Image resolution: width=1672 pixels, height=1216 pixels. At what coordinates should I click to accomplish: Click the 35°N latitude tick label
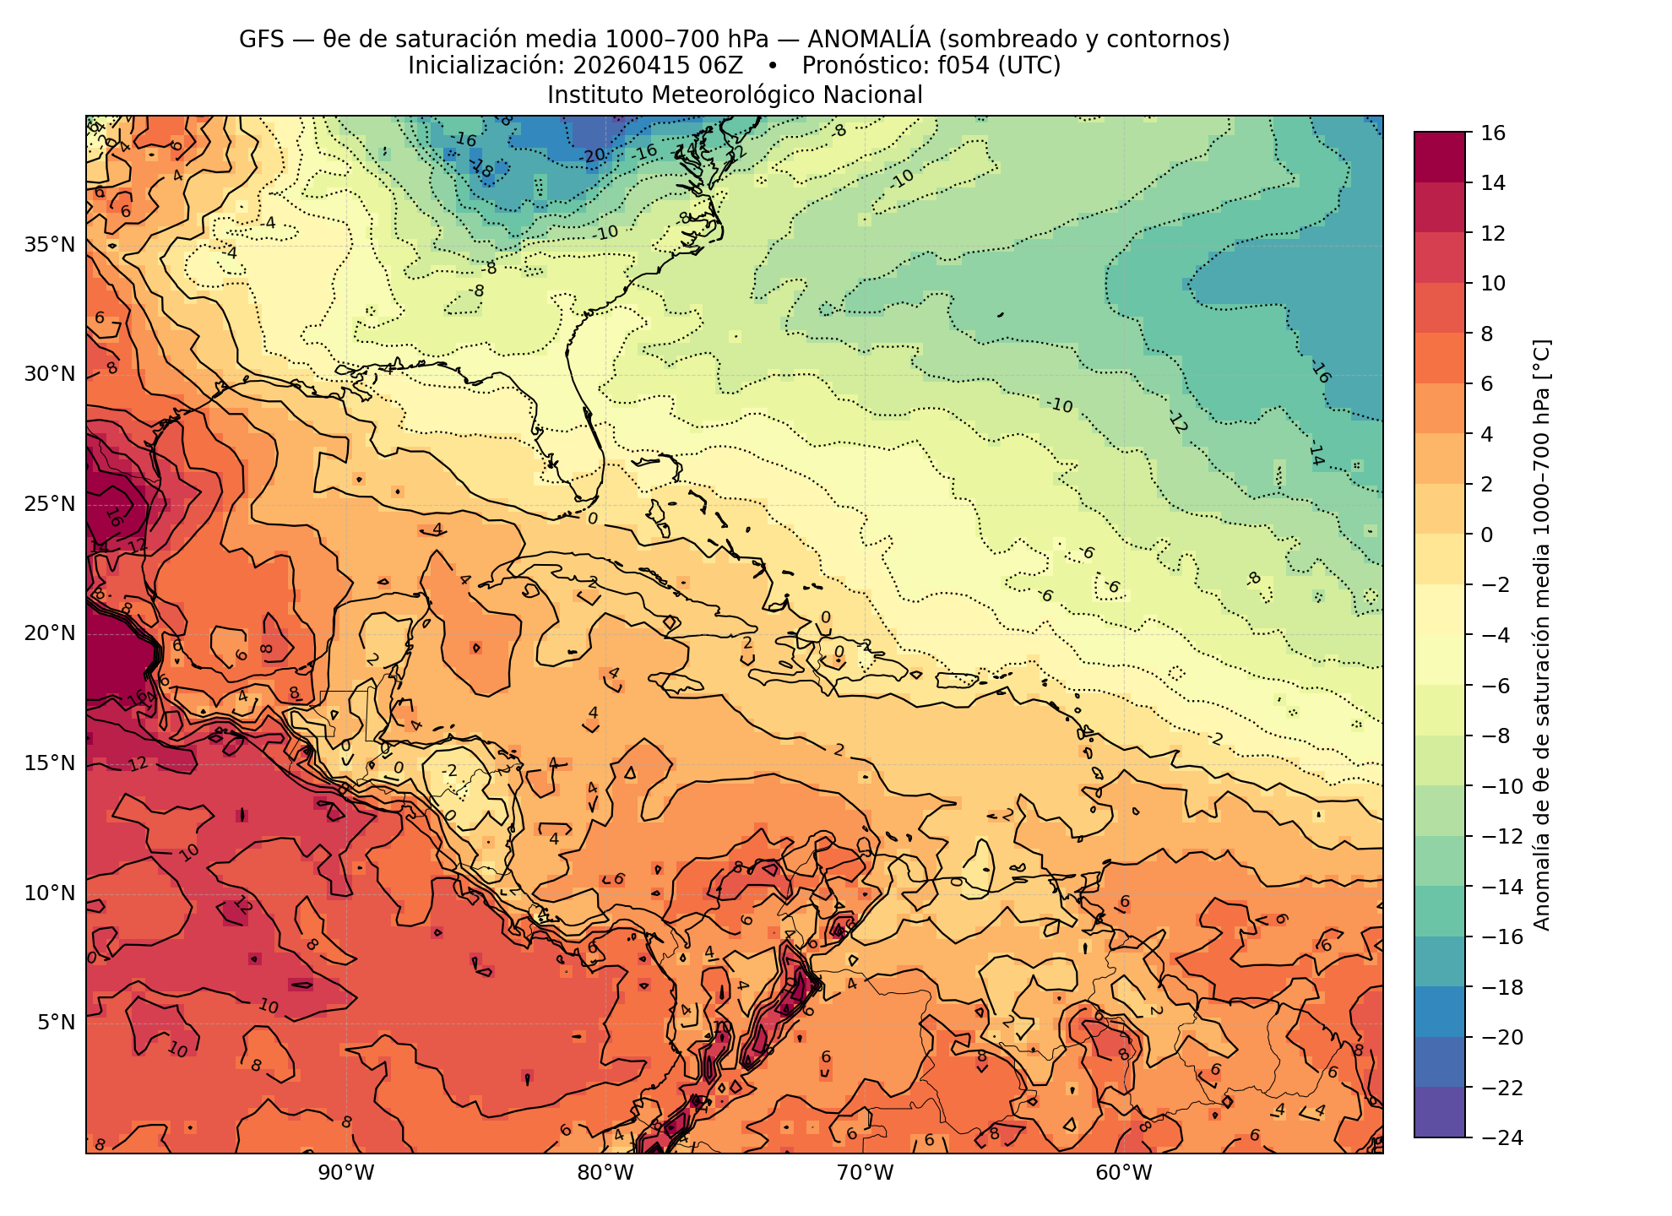[49, 245]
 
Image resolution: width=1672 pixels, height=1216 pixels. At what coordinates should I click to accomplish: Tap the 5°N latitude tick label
[56, 1023]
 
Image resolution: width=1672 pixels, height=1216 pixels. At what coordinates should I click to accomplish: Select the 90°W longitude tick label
[345, 1173]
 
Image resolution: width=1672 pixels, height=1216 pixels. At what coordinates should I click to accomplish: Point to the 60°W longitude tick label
[1123, 1173]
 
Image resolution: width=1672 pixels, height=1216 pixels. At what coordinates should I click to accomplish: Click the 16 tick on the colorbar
[1493, 133]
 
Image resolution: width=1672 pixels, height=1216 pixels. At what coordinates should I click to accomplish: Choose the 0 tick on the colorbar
[1487, 535]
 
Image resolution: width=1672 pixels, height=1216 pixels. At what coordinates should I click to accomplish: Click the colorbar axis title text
[1541, 634]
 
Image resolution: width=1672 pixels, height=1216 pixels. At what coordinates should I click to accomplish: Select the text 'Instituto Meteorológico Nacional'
[735, 95]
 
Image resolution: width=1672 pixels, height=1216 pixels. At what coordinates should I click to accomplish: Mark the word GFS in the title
[261, 39]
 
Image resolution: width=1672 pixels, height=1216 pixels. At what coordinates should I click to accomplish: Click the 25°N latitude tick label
[49, 504]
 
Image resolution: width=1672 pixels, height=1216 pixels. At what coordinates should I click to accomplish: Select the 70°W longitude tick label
[864, 1173]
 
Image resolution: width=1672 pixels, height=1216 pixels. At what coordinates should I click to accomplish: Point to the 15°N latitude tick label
[49, 763]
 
